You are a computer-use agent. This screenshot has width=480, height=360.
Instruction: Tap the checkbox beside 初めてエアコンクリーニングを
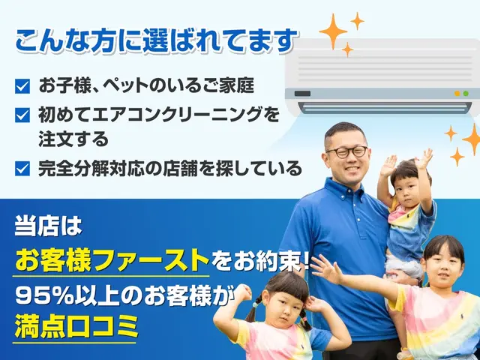(22, 115)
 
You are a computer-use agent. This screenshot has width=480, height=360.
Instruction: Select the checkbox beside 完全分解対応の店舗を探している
(22, 169)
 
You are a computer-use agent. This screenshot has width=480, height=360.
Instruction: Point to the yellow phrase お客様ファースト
(112, 260)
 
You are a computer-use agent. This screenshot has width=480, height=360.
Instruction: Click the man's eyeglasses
(346, 151)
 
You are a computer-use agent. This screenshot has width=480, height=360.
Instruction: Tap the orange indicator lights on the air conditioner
(461, 94)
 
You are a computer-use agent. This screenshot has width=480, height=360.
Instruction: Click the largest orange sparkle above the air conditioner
(334, 31)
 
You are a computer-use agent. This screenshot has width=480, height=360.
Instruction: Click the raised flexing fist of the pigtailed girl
(242, 292)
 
